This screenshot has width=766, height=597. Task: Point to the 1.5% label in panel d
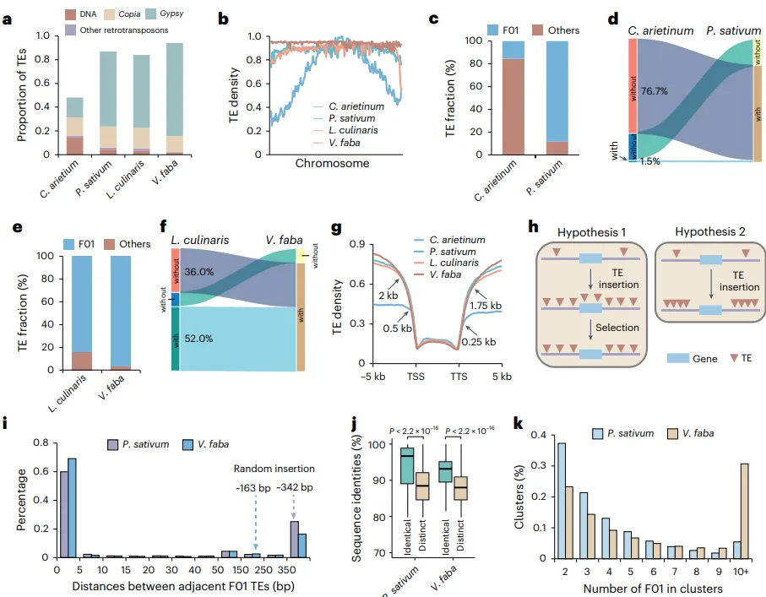point(650,161)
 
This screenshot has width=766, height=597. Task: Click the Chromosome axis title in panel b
point(332,163)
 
